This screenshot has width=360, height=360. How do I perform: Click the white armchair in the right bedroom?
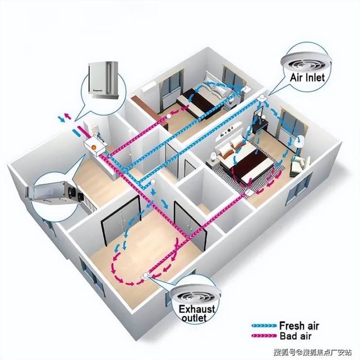point(297,167)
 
